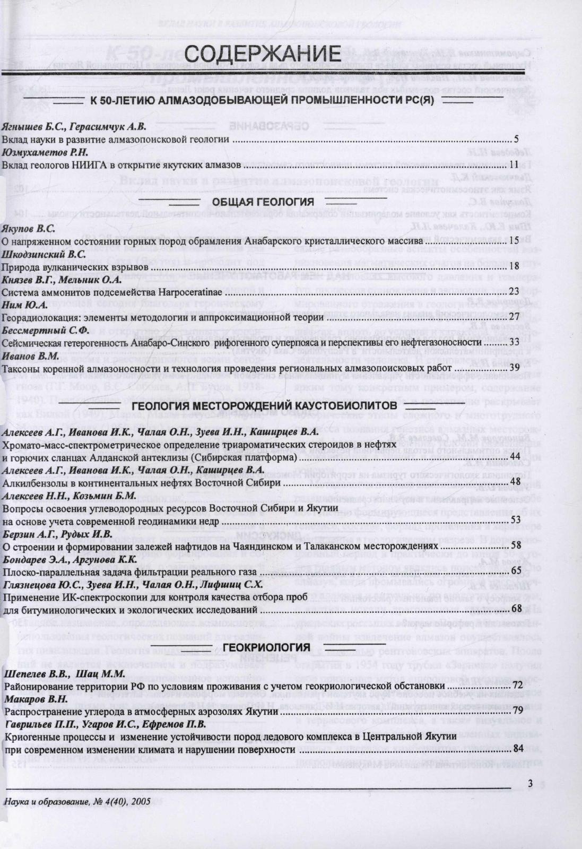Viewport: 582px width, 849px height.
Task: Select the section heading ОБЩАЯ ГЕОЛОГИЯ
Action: [263, 202]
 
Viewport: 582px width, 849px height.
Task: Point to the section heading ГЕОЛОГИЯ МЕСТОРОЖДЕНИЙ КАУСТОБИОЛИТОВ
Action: [264, 406]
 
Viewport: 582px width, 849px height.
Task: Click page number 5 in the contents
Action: [516, 140]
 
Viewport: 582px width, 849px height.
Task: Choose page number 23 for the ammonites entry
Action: [514, 292]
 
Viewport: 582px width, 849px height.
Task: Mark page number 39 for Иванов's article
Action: [514, 368]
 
